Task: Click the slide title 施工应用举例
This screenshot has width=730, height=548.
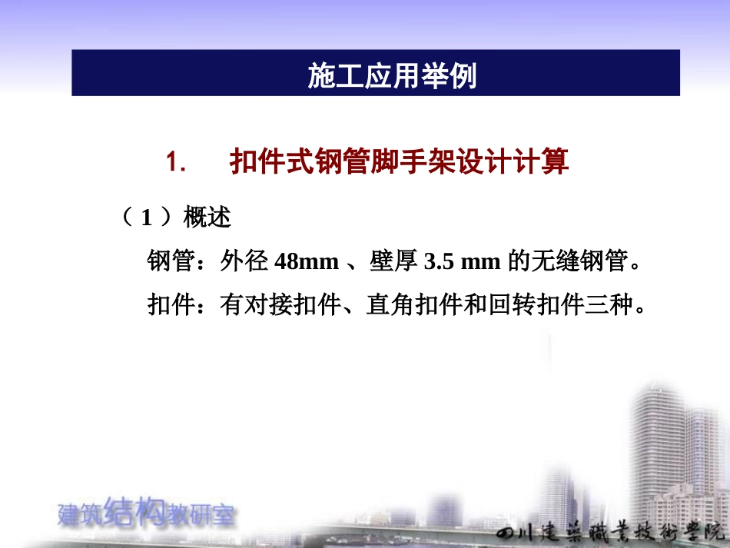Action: point(392,75)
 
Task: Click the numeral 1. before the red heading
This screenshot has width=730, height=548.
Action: point(176,162)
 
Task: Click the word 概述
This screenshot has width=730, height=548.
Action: point(207,218)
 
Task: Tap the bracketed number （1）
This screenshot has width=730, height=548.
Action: point(145,218)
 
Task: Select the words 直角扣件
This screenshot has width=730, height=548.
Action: point(415,306)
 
